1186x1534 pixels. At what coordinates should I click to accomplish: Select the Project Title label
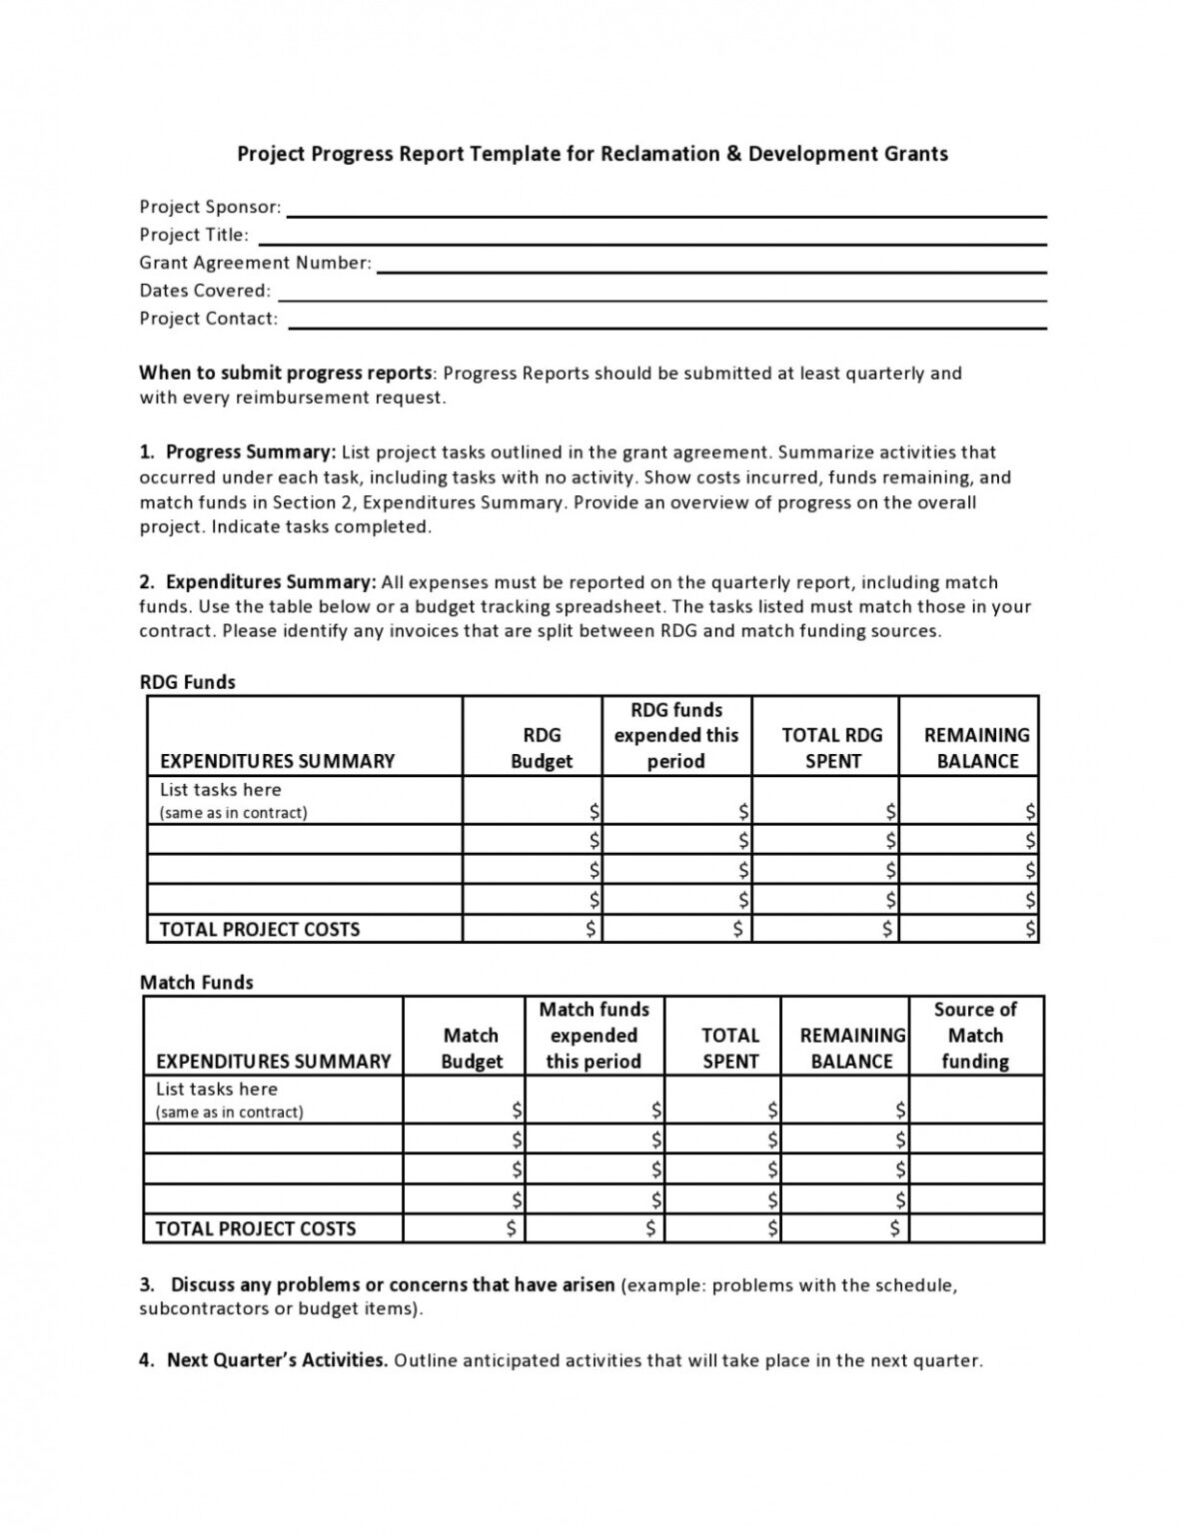194,235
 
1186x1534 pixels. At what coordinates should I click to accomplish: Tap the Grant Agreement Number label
255,263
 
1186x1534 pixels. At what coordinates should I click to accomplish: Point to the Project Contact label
208,319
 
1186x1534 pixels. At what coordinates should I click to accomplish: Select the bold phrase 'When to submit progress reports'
286,374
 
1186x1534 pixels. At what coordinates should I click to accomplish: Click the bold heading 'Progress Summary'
250,452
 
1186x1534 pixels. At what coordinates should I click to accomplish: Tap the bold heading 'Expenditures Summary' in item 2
270,582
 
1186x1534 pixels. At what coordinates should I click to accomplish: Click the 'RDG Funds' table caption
188,682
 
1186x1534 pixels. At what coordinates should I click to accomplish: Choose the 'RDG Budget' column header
542,748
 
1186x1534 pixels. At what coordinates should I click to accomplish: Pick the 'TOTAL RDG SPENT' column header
831,748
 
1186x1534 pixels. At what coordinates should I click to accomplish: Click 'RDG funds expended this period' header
676,736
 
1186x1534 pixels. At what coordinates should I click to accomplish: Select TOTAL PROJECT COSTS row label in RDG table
259,929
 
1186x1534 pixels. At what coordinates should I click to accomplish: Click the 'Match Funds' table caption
197,983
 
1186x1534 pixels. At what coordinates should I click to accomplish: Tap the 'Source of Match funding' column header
975,1036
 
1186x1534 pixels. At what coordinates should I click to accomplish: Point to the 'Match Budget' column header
471,1049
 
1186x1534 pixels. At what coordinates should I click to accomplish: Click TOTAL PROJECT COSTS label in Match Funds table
256,1228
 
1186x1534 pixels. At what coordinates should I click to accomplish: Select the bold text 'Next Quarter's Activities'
277,1360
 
